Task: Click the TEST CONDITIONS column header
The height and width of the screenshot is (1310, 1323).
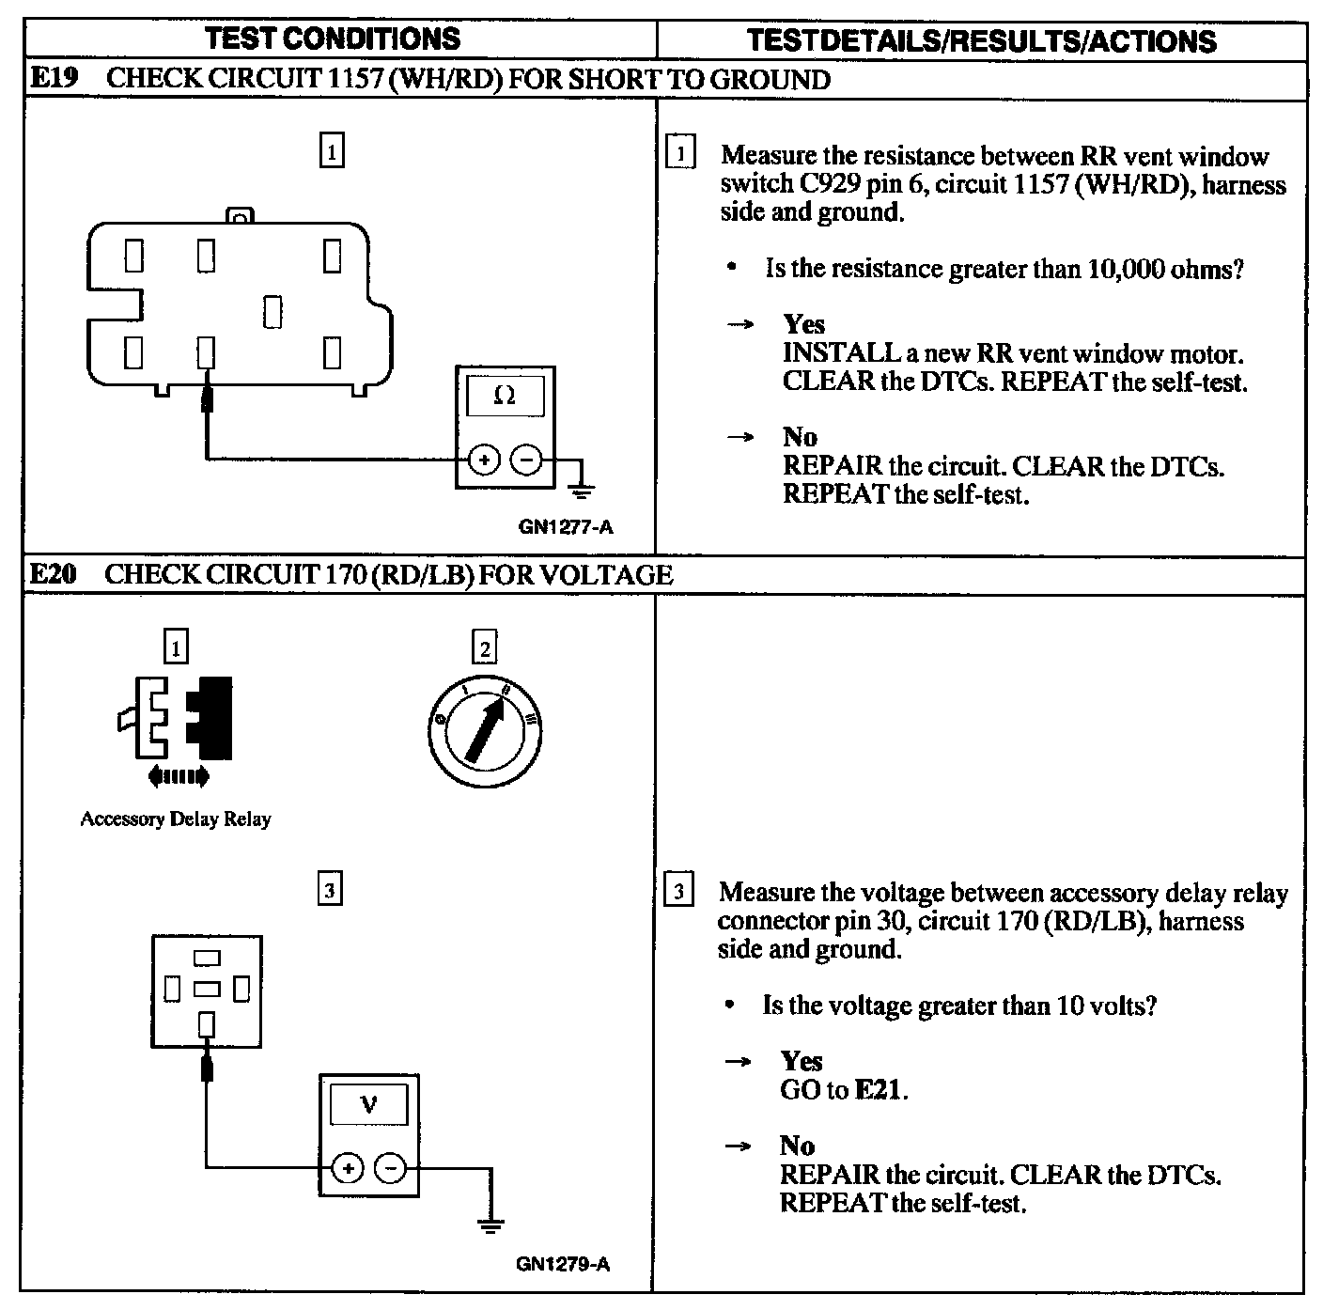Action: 333,39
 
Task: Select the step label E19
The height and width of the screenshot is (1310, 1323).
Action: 53,78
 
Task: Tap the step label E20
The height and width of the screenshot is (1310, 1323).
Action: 53,574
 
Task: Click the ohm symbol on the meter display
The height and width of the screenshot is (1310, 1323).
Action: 505,396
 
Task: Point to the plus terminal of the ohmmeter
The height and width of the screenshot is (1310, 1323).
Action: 484,460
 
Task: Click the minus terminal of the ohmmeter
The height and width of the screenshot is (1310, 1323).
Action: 526,460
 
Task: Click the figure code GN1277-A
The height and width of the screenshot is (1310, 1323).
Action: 565,527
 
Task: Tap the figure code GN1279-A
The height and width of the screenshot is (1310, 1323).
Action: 562,1264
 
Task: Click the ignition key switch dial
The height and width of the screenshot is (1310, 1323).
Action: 484,731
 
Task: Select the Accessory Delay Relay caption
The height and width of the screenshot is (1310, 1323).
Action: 176,819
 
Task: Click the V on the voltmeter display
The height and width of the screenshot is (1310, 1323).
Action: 368,1104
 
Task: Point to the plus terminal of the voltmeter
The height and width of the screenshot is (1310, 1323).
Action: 348,1168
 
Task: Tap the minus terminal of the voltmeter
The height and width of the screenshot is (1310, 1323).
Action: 390,1168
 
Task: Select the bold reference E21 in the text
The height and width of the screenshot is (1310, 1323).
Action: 880,1090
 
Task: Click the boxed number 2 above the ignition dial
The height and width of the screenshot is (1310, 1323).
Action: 485,648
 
